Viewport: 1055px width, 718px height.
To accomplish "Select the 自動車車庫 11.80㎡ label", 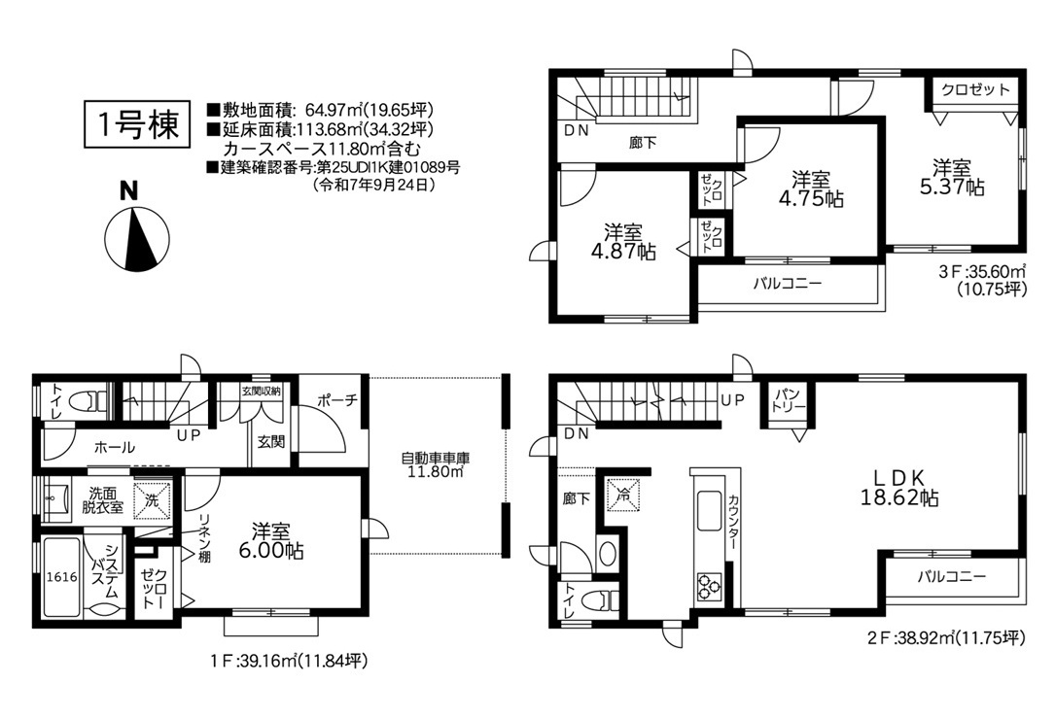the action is click(x=436, y=465).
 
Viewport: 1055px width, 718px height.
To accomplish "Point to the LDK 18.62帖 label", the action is click(x=898, y=488).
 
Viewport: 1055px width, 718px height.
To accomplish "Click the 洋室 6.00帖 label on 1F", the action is click(x=270, y=541).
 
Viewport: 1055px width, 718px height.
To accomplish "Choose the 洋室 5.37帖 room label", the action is click(x=952, y=177).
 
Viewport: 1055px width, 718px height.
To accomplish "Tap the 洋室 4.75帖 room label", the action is click(x=811, y=189).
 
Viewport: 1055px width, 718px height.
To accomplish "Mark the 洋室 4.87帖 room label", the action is click(x=622, y=242).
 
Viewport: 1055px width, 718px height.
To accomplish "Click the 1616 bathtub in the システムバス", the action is click(x=62, y=577).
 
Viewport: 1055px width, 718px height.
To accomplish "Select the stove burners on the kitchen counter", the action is click(x=709, y=584).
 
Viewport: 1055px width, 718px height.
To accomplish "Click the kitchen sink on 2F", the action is click(x=709, y=511).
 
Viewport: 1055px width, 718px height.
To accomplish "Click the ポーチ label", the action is click(x=336, y=400).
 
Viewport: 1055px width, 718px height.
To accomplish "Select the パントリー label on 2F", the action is click(x=788, y=400).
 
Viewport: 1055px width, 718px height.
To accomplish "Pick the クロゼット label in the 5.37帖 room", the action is click(x=975, y=89).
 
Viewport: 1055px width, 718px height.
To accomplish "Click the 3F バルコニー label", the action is click(x=787, y=283).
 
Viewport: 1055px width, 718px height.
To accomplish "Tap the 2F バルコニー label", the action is click(x=951, y=577).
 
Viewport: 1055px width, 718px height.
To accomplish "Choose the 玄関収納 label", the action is click(x=261, y=391).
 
